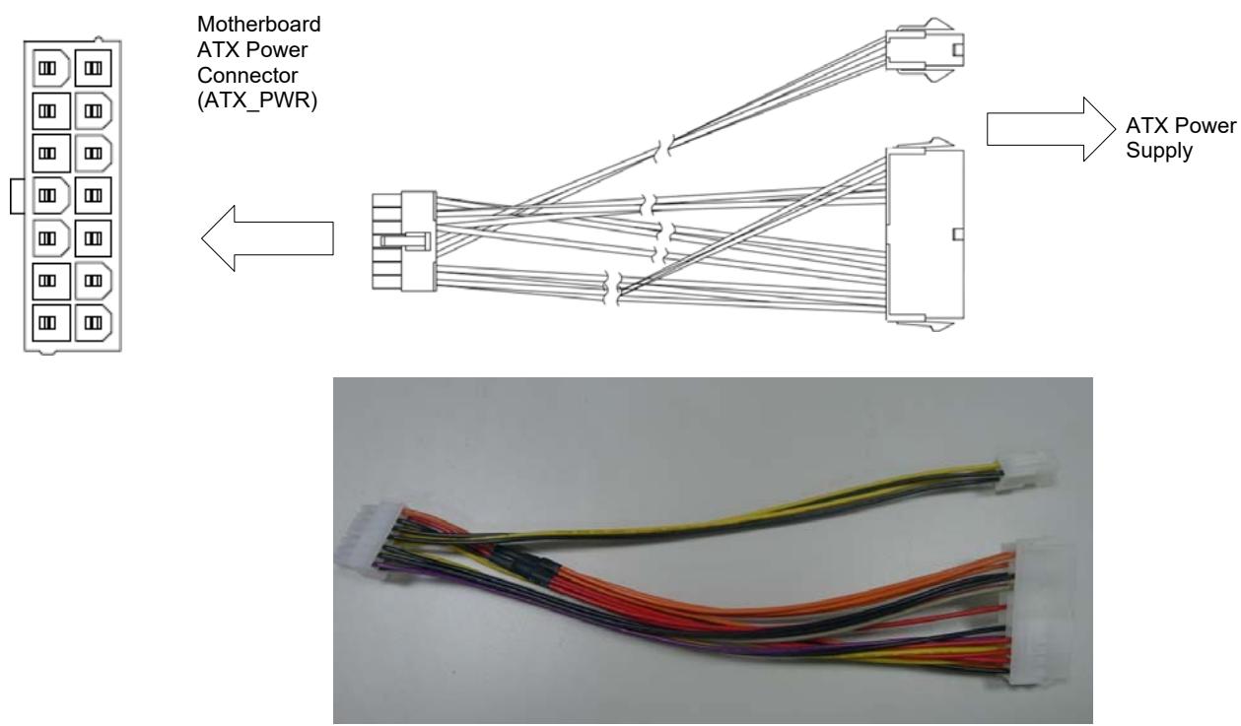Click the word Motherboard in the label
click(x=258, y=25)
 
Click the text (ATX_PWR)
click(x=257, y=100)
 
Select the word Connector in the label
click(x=247, y=75)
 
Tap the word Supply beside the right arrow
click(x=1159, y=151)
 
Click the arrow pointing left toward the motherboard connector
click(x=267, y=238)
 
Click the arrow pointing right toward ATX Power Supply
click(x=1051, y=130)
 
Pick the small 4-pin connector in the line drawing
click(x=925, y=50)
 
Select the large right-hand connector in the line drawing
click(x=925, y=234)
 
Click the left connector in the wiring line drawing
click(x=404, y=241)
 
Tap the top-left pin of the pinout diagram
click(x=50, y=68)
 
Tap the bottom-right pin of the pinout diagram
click(x=93, y=322)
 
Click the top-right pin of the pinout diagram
click(x=93, y=68)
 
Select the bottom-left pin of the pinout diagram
click(x=51, y=322)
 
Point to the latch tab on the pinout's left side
click(x=17, y=195)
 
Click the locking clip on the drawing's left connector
click(x=405, y=241)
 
